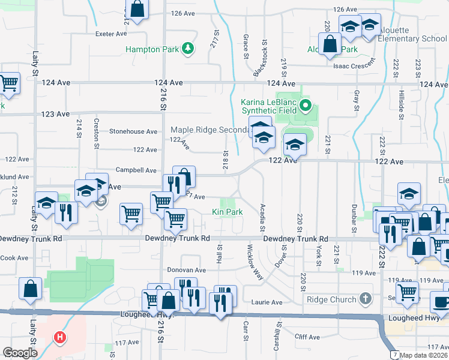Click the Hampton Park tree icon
188,48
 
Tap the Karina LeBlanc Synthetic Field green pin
306,107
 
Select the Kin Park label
228,212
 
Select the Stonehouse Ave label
133,131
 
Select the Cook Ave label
14,258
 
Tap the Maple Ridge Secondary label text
209,130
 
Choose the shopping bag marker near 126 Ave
137,9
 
